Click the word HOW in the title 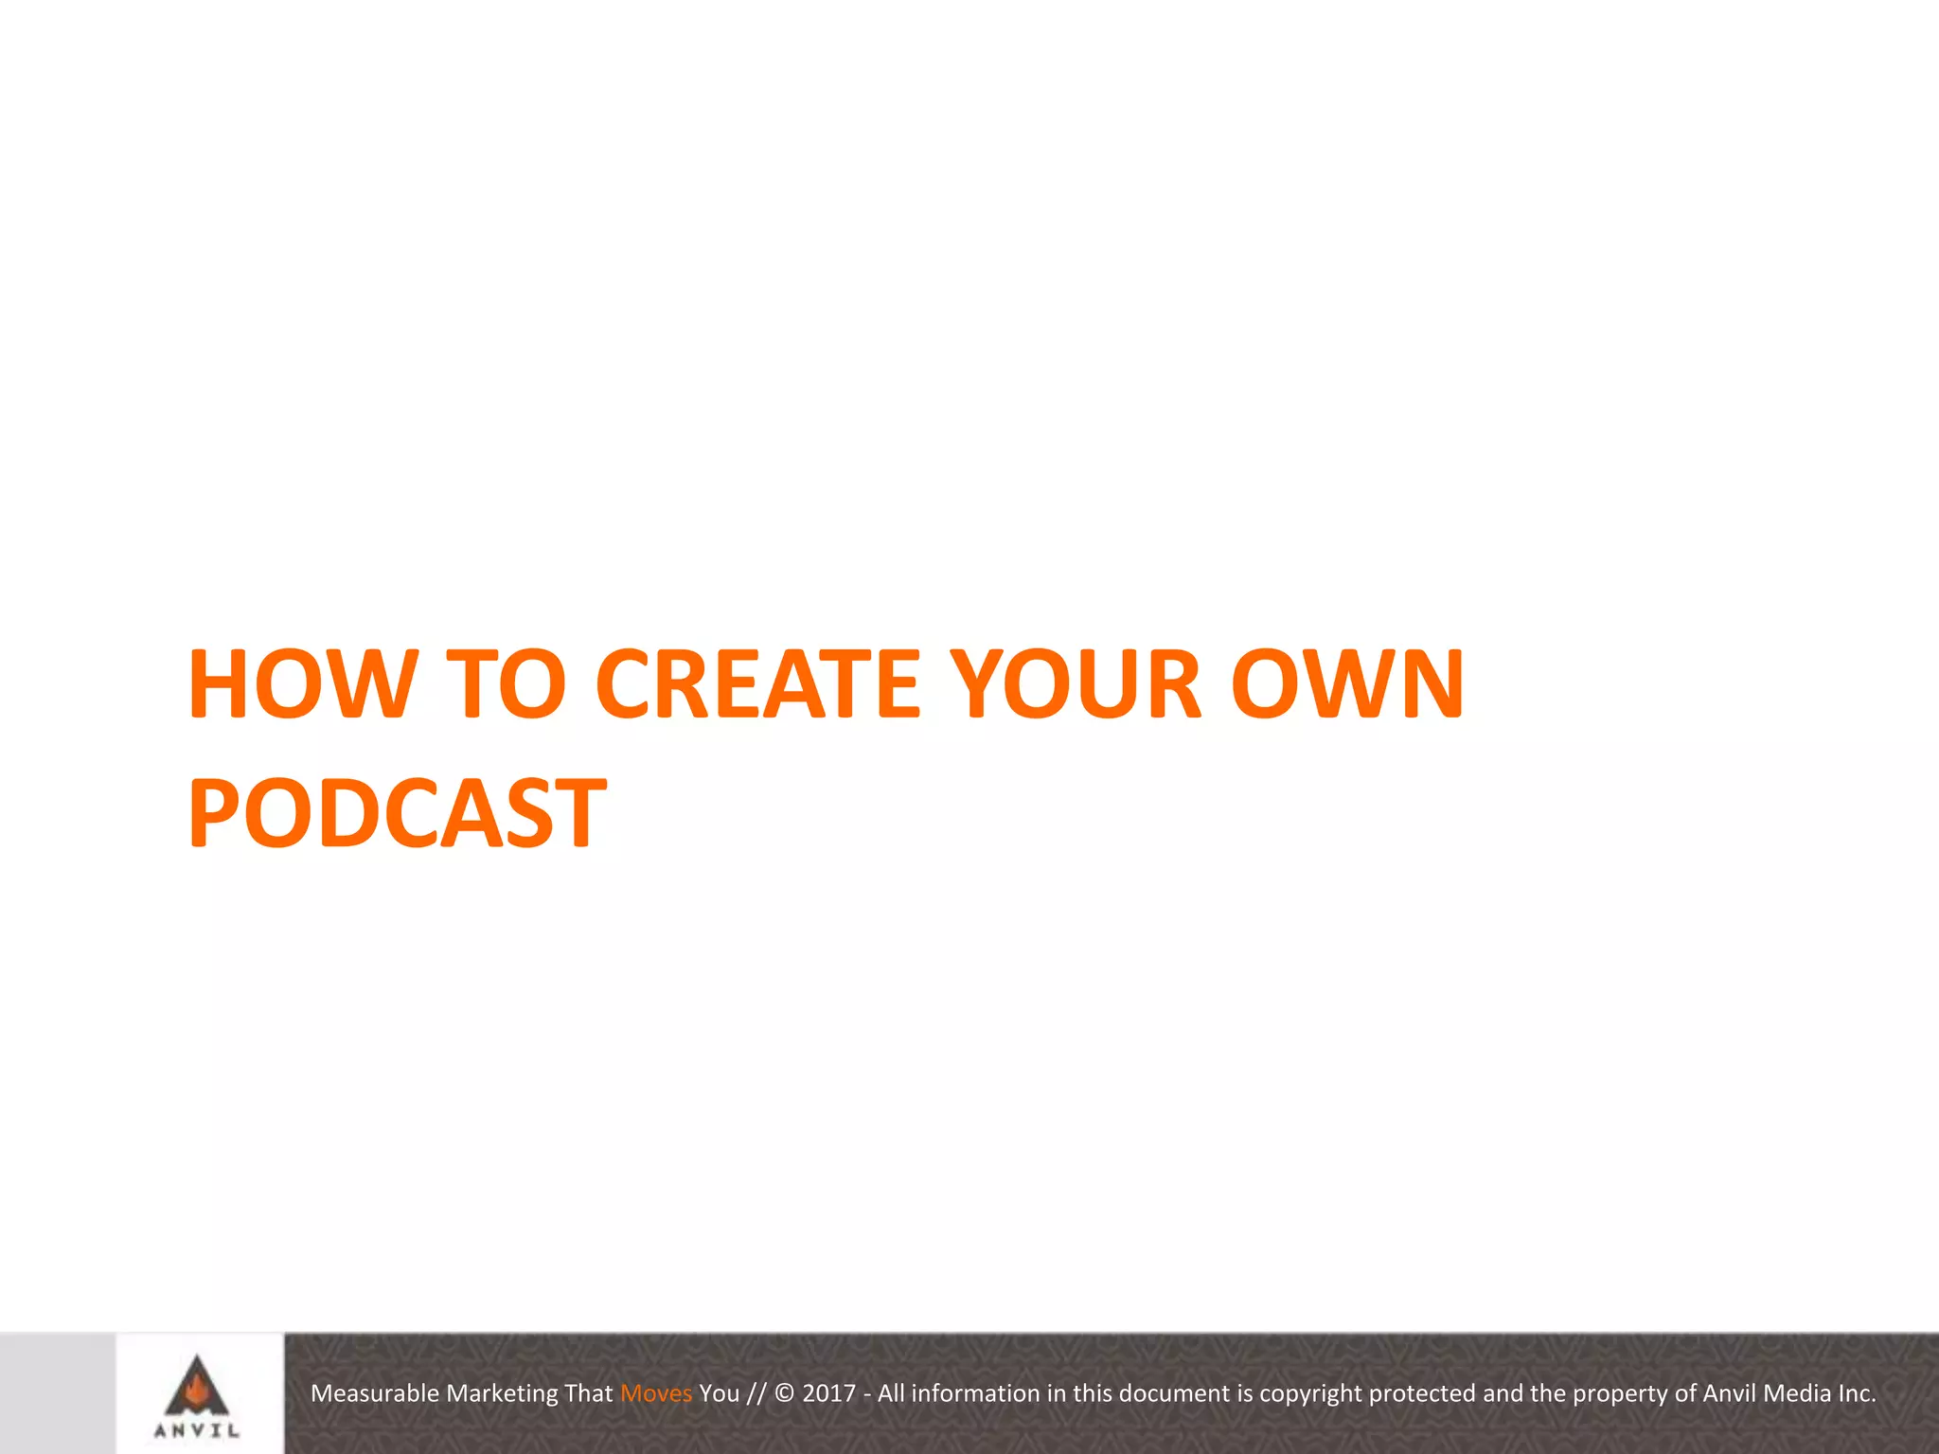tap(302, 683)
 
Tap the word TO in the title tap(506, 683)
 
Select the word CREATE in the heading tap(757, 683)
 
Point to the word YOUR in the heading tap(1076, 683)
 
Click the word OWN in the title tap(1347, 683)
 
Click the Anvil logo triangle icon tap(197, 1384)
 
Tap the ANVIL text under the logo tap(197, 1431)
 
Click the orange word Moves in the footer tap(656, 1393)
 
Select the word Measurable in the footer tap(375, 1393)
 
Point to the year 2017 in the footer tap(828, 1393)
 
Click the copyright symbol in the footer tap(784, 1393)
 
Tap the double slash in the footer tap(756, 1393)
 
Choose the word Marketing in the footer tap(502, 1393)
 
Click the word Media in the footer tap(1797, 1393)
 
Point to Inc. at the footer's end tap(1857, 1393)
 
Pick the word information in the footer tap(975, 1393)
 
